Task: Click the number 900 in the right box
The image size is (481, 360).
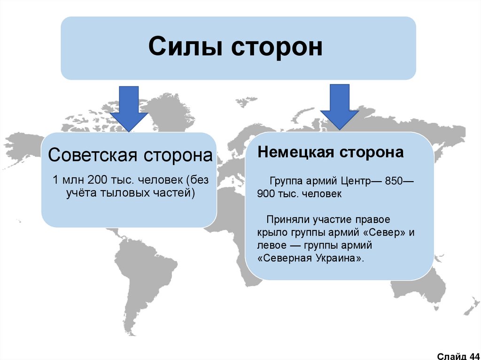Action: tap(265, 193)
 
